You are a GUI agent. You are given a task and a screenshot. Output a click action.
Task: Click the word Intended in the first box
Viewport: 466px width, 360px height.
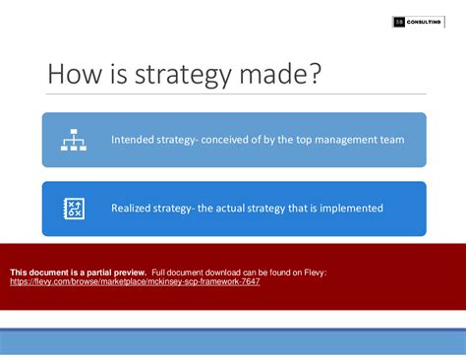pos(134,140)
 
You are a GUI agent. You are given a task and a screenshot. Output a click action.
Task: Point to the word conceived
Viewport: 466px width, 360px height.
pos(229,140)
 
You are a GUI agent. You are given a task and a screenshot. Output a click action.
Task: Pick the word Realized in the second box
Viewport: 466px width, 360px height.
pos(134,209)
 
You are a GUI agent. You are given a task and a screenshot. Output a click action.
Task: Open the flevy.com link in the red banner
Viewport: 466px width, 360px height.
pos(134,281)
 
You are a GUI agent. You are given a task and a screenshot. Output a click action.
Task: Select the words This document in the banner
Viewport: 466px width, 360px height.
pos(36,271)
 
